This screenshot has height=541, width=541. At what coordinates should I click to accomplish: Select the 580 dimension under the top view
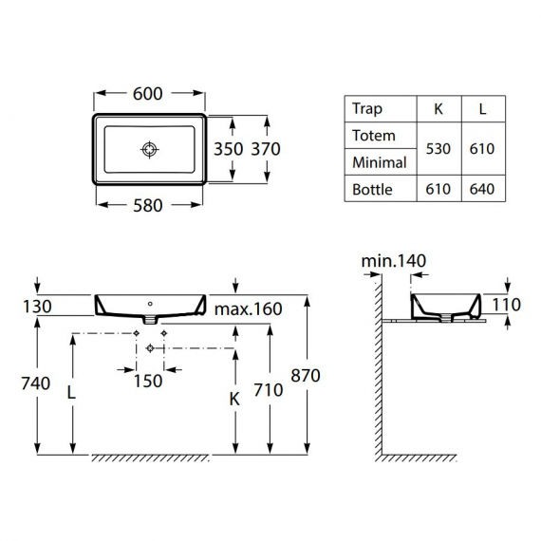pos(149,204)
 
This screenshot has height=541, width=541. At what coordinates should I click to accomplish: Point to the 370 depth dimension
pos(265,149)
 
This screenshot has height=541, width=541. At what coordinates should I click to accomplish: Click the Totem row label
pos(373,136)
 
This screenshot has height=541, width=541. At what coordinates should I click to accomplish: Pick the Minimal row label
pos(379,162)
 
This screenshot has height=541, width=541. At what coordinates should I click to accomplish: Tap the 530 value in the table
pos(438,149)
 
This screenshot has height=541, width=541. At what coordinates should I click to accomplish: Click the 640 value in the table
pos(483,190)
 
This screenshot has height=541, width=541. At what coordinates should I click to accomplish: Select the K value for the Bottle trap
pos(438,190)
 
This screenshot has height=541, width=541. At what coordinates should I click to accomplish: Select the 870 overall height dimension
pos(306,375)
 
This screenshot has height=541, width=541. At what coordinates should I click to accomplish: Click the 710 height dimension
pos(269,388)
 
